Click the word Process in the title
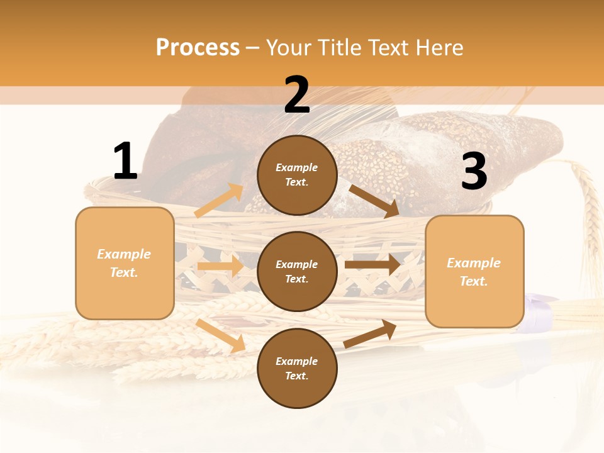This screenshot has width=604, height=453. (x=198, y=48)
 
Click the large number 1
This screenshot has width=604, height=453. (x=125, y=162)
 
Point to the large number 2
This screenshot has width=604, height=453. (x=297, y=95)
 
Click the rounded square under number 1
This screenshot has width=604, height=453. (x=125, y=263)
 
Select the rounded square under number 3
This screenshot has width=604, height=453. (x=474, y=272)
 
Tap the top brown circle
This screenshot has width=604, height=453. (x=297, y=175)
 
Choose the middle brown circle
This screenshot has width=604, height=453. (x=297, y=272)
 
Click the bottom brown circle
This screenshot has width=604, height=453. (x=297, y=369)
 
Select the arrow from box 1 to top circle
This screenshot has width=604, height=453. (x=219, y=201)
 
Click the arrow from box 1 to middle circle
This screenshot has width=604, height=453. (x=220, y=266)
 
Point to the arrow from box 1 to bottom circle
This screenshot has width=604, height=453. (x=220, y=335)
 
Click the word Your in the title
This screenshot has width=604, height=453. (x=288, y=48)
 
